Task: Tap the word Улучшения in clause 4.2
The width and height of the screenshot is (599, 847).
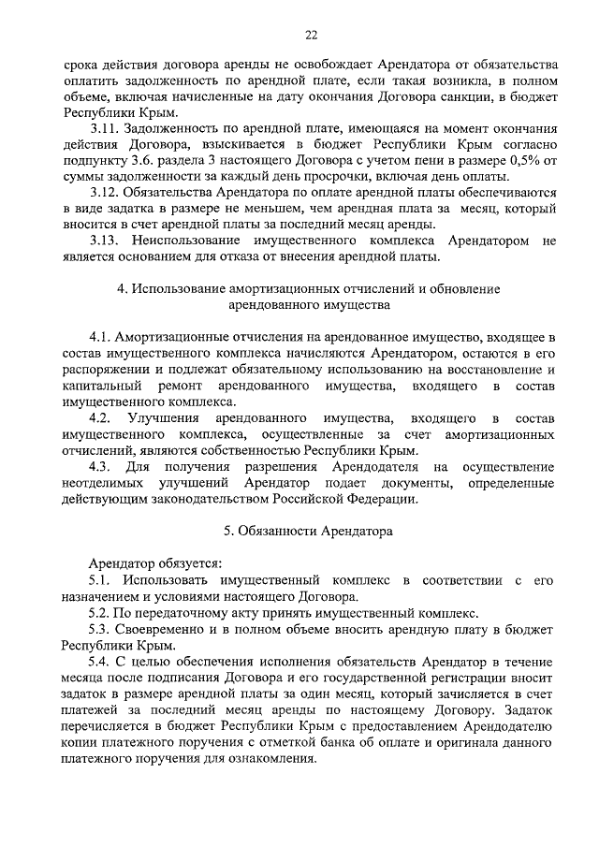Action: point(165,416)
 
